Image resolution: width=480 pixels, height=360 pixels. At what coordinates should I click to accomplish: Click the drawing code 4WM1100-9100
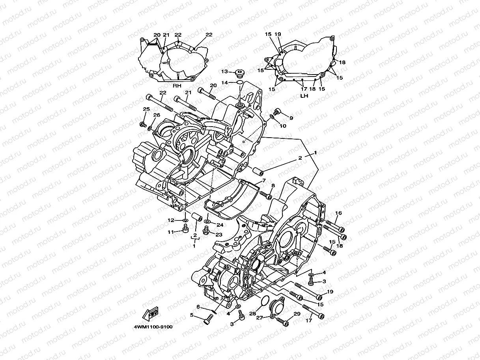point(153,327)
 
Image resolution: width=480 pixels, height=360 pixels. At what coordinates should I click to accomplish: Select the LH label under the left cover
point(304,95)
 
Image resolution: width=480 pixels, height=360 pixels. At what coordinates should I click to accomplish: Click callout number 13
point(224,71)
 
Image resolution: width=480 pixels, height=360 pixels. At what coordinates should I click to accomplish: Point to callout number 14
point(224,82)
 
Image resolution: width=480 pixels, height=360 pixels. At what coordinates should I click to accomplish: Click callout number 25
point(146,109)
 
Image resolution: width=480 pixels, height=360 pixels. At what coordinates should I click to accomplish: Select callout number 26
point(157,115)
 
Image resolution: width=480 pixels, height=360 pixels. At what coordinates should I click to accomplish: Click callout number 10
point(283,126)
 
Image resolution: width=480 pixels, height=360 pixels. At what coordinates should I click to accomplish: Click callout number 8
point(273,185)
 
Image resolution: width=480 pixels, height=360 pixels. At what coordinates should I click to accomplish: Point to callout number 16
point(338,213)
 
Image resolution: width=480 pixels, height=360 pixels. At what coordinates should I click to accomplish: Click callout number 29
point(297,314)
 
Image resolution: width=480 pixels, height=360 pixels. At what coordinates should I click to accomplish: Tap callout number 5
point(192,315)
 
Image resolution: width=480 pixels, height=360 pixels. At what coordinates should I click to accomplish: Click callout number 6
point(199,306)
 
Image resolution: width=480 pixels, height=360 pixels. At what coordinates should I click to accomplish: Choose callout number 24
point(220,225)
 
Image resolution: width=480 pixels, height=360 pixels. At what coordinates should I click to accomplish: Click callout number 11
point(170,232)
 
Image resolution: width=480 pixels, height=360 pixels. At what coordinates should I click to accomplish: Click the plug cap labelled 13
point(239,73)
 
